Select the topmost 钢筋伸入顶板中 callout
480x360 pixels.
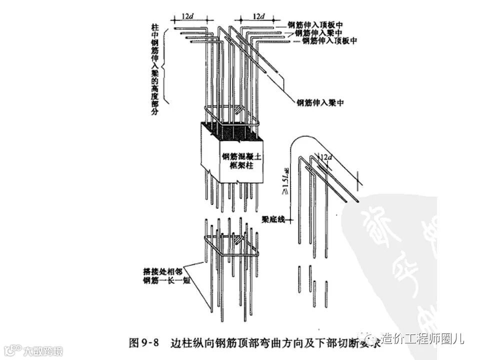coord(314,24)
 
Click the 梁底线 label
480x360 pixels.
coord(273,219)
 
